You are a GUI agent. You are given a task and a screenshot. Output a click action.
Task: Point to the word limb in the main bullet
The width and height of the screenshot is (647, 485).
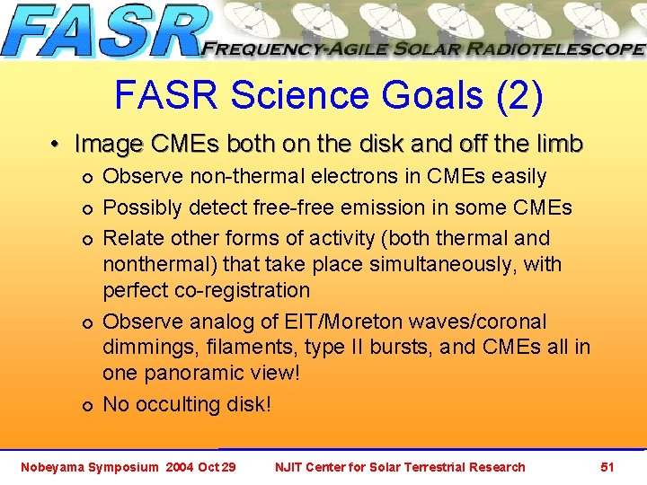pyautogui.click(x=558, y=144)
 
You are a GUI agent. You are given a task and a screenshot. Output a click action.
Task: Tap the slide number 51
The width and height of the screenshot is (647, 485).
pyautogui.click(x=607, y=467)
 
